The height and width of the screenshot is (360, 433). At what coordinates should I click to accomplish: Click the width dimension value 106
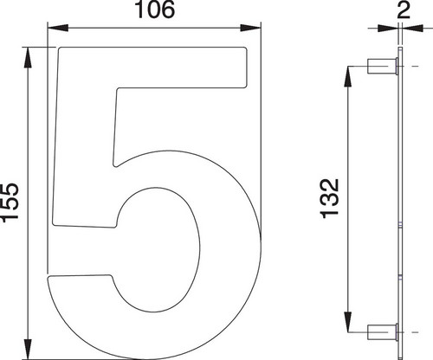154,10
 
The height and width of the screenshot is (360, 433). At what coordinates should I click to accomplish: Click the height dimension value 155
10,202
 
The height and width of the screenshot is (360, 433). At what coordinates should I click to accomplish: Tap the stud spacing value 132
329,199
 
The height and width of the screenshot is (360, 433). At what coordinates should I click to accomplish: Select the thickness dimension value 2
404,10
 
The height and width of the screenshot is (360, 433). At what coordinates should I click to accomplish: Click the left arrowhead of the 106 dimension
58,28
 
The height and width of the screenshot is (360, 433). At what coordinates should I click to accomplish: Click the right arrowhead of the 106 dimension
250,28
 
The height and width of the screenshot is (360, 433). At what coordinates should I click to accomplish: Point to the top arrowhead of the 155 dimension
28,58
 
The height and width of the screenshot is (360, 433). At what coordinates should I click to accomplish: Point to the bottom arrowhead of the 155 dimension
28,349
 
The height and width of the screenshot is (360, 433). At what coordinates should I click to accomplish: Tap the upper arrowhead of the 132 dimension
349,77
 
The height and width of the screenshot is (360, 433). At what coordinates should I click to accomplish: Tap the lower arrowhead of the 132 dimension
349,322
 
